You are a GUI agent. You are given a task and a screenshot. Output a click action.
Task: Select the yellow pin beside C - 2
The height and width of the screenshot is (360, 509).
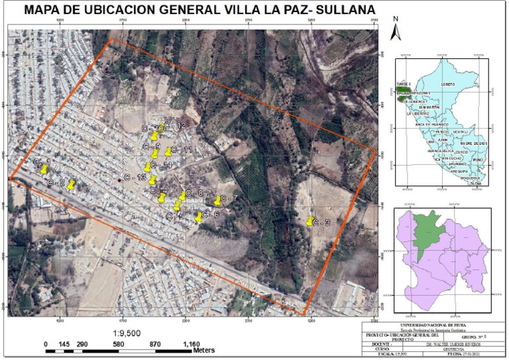72,184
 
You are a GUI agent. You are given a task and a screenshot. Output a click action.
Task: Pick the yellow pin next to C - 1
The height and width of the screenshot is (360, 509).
44,169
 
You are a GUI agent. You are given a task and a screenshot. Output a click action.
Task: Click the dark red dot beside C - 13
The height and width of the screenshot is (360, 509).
119,180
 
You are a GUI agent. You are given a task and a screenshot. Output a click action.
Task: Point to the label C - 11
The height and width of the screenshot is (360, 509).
182,150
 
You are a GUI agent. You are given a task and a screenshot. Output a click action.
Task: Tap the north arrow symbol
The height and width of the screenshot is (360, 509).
396,30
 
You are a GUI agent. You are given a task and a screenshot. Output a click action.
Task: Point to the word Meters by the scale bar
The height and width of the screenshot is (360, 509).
204,349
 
